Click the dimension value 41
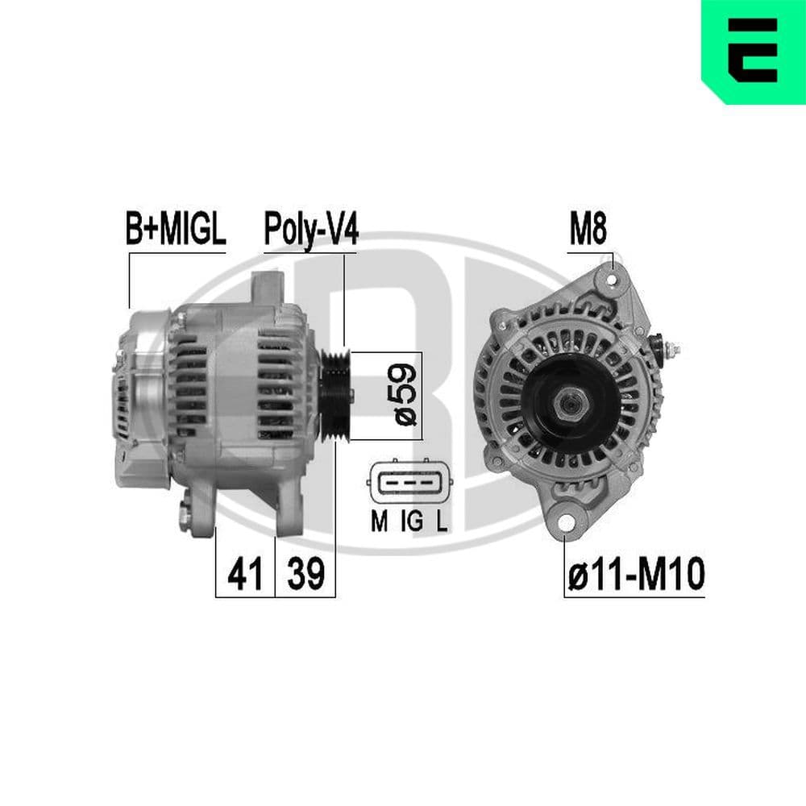(246, 574)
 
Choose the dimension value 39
(305, 574)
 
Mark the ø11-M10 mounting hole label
(635, 574)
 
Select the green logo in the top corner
(753, 52)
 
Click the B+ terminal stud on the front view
(671, 350)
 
